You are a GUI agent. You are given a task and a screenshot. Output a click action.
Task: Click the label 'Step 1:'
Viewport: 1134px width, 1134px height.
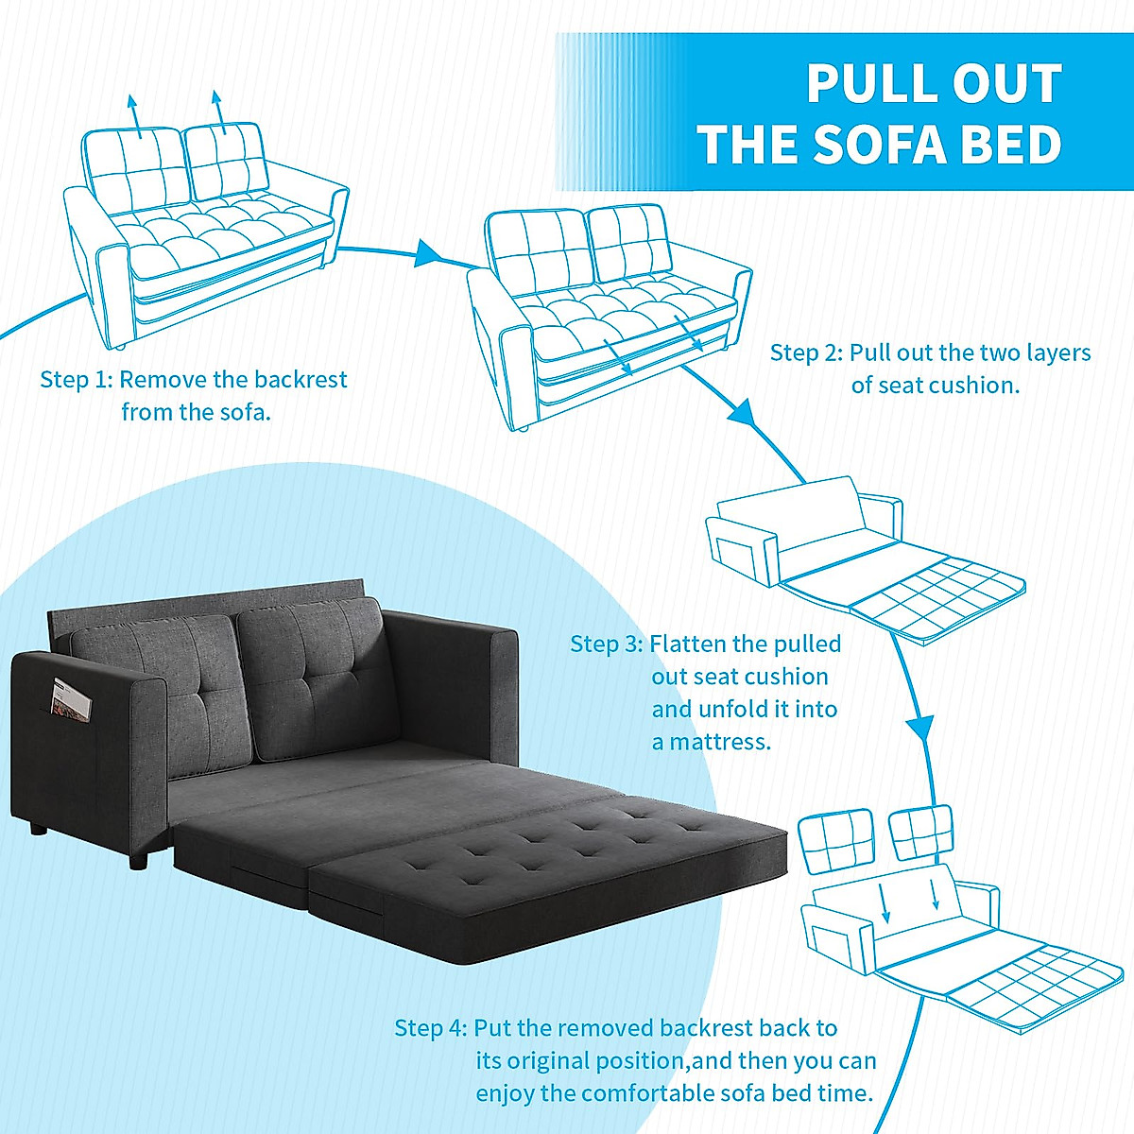click(x=76, y=380)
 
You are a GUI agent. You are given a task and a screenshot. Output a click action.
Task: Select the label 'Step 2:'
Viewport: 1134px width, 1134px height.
click(x=806, y=353)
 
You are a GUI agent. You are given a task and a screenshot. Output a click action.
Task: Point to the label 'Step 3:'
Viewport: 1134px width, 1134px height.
click(x=607, y=644)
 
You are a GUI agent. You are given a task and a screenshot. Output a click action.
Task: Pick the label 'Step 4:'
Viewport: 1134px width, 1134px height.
click(x=430, y=1028)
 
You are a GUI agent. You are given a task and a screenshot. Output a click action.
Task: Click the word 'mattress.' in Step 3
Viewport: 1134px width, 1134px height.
click(x=721, y=743)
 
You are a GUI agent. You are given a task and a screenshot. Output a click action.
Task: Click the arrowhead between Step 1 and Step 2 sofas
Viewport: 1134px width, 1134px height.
click(x=429, y=253)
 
